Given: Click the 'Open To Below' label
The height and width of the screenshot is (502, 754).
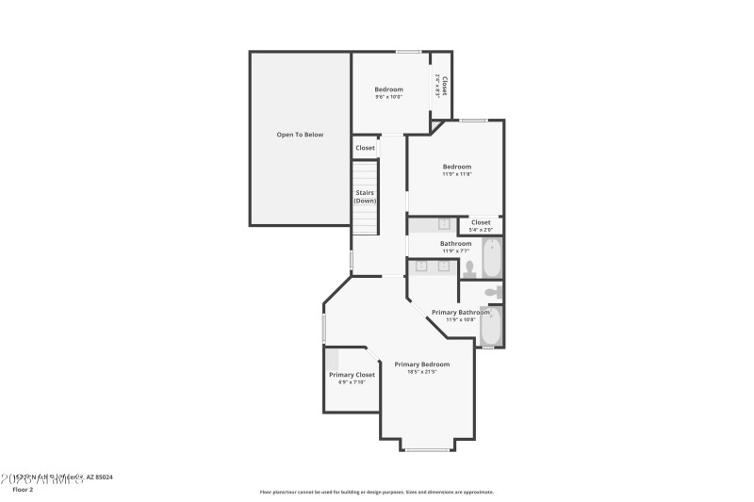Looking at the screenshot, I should tap(299, 135).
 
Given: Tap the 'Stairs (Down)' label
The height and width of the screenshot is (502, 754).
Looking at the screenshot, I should tap(365, 197).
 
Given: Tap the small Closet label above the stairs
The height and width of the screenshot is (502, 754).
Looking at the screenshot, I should tap(365, 148).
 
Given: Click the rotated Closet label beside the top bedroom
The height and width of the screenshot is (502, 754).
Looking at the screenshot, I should tap(440, 87).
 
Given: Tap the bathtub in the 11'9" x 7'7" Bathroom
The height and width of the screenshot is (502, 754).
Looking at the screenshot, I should tap(491, 258).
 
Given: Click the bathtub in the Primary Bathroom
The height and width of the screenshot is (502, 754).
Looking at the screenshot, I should tap(490, 326).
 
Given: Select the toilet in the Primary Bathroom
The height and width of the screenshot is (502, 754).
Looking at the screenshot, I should tap(490, 293).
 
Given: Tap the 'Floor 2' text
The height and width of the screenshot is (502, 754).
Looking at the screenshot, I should tap(24, 490).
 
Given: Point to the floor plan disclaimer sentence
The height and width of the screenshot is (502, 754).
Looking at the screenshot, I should tap(376, 492).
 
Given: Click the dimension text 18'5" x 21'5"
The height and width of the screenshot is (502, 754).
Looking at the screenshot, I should tap(421, 372).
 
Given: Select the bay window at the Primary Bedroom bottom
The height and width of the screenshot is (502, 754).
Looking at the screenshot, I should tap(427, 449).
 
